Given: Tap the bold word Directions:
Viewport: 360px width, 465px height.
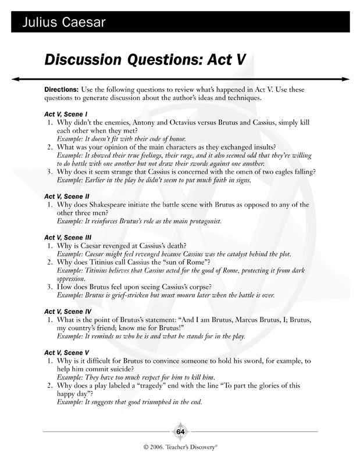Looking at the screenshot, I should (x=61, y=91).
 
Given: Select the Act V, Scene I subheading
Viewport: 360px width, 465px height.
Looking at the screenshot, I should (x=66, y=115).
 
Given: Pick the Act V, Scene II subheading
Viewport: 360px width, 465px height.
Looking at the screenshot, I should (x=67, y=196).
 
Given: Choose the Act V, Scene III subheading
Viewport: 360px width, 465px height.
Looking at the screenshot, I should (x=68, y=238).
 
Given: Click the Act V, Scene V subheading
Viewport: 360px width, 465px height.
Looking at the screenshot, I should (x=67, y=353).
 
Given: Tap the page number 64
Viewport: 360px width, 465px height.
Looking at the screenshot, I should (x=180, y=432).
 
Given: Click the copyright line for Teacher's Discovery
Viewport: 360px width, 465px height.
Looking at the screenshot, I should (x=180, y=448).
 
